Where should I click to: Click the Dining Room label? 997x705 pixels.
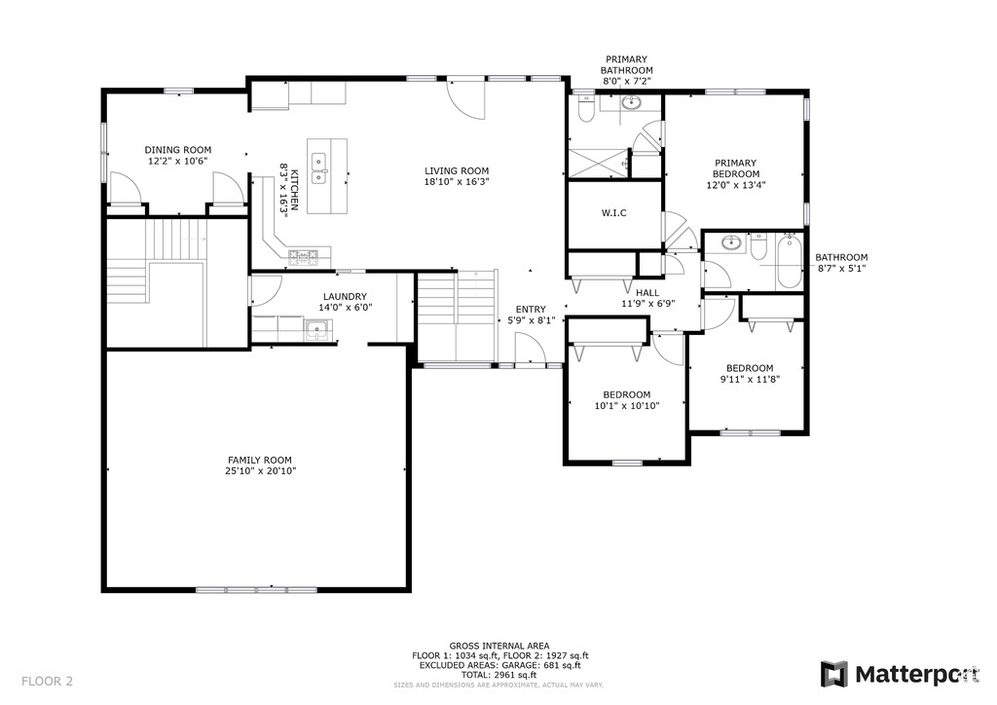(178, 150)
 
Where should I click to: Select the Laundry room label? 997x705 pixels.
(346, 296)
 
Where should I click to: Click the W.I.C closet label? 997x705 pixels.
(613, 213)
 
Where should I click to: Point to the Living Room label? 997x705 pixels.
(457, 170)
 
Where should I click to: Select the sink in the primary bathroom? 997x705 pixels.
(631, 101)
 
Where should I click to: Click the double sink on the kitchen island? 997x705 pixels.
(318, 168)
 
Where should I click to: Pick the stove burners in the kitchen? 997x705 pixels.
(304, 257)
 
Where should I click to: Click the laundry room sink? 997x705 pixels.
(316, 329)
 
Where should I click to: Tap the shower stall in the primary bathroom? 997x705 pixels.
(598, 164)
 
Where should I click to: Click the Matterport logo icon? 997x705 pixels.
(833, 674)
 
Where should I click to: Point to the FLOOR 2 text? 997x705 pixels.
(47, 682)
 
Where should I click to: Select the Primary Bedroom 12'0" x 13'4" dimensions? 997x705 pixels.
(736, 186)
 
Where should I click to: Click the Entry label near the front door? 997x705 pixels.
(531, 310)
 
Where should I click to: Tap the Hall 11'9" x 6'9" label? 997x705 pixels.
(647, 298)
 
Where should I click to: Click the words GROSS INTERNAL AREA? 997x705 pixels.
(499, 646)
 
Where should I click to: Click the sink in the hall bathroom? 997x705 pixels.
(733, 242)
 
